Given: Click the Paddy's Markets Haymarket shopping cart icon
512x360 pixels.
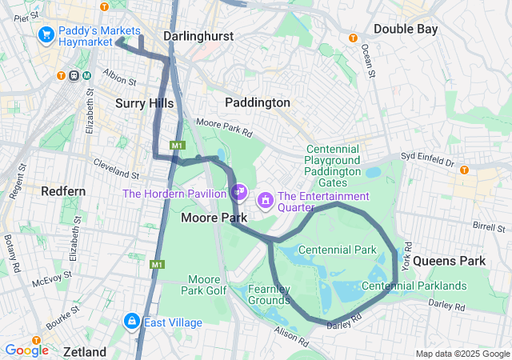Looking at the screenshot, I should click(x=46, y=34).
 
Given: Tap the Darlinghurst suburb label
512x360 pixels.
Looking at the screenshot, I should click(x=196, y=36).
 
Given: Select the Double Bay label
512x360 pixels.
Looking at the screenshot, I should click(x=406, y=29).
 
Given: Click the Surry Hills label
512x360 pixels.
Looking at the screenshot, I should click(x=144, y=102).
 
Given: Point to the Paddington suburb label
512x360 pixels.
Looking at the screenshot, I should click(x=258, y=102).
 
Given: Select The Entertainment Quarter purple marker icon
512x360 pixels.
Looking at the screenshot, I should click(x=264, y=198).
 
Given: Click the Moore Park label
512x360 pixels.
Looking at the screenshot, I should click(x=207, y=218).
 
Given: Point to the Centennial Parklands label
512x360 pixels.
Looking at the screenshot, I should click(x=414, y=286).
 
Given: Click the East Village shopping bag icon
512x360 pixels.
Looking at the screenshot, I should click(x=132, y=322).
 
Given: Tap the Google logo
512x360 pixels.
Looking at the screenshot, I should click(x=26, y=350).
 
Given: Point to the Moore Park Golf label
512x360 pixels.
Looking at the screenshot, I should click(x=203, y=284).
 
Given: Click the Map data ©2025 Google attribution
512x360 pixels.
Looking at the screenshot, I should click(x=462, y=354).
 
